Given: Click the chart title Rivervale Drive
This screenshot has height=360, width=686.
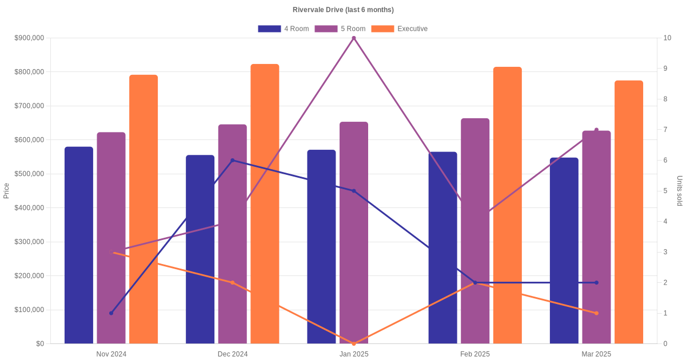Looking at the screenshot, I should (x=343, y=10).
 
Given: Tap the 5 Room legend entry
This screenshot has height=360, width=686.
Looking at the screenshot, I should (x=340, y=29).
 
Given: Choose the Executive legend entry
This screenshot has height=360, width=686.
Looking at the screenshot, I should (x=400, y=29).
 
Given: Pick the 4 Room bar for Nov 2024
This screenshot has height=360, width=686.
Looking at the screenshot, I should (x=79, y=245).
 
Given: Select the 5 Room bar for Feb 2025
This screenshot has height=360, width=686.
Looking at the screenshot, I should (x=475, y=231).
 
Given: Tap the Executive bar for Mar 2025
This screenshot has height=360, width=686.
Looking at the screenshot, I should (x=629, y=212).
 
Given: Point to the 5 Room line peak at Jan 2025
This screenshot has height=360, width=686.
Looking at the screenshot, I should (x=354, y=38).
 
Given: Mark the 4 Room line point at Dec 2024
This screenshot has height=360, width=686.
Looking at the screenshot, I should (x=233, y=161).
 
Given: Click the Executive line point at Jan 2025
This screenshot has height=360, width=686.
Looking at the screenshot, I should (x=354, y=343).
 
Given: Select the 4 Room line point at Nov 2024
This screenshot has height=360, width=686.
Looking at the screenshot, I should (x=111, y=313).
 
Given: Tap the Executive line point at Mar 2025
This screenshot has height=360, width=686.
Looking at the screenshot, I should (x=596, y=313).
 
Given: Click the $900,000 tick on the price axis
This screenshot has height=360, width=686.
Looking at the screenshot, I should (x=29, y=38).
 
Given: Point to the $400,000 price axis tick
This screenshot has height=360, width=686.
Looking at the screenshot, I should (x=29, y=208).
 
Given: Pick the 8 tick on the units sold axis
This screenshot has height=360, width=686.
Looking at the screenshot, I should (x=665, y=99).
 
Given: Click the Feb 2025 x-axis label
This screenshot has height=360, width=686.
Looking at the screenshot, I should (x=475, y=354).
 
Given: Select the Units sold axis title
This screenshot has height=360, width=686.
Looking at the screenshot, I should (x=680, y=191).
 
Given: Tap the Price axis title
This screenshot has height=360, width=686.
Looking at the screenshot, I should (x=6, y=191).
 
